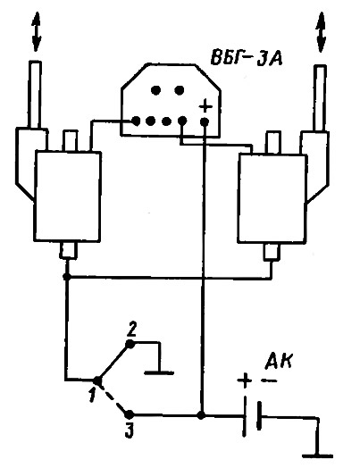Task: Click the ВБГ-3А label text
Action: (247, 58)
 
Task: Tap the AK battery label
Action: (279, 362)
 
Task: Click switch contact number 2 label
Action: (132, 330)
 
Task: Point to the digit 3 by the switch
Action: (129, 430)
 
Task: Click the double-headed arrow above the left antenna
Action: (36, 31)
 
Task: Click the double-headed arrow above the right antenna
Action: (321, 32)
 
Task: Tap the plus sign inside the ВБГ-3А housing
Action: (205, 106)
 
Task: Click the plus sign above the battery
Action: (244, 380)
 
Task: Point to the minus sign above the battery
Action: (269, 380)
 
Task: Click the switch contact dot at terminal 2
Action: (130, 344)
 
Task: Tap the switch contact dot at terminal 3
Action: (129, 414)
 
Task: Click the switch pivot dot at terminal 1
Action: (97, 380)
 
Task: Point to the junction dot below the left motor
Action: (67, 277)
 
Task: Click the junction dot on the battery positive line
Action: (202, 415)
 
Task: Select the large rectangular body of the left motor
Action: (68, 196)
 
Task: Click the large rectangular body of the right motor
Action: (272, 198)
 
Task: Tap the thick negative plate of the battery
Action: (259, 416)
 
